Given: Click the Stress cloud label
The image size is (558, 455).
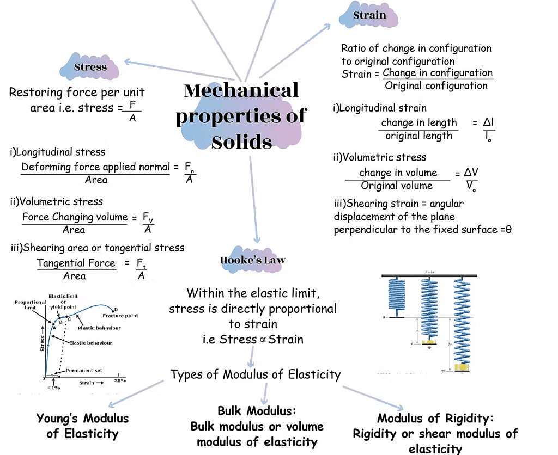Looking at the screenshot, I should (90, 67).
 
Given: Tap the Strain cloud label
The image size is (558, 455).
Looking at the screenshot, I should (369, 15).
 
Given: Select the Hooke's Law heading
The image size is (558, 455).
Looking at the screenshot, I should (252, 260).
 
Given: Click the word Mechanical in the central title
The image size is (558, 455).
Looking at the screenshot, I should (241, 90).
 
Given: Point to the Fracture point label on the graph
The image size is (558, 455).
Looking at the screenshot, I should (120, 316).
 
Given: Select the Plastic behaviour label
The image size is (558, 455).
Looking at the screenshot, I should (99, 328).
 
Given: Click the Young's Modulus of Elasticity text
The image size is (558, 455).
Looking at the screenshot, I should (82, 426).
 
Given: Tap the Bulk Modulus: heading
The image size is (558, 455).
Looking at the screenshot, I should (257, 410).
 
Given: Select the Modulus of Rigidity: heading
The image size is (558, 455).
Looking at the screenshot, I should (435, 419).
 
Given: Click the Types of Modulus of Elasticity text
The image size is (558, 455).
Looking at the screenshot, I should (255, 374).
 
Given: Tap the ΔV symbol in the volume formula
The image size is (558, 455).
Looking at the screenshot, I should (471, 173).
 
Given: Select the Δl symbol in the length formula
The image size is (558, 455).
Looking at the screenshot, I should (488, 122).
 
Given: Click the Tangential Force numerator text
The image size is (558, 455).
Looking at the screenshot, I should (76, 263).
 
